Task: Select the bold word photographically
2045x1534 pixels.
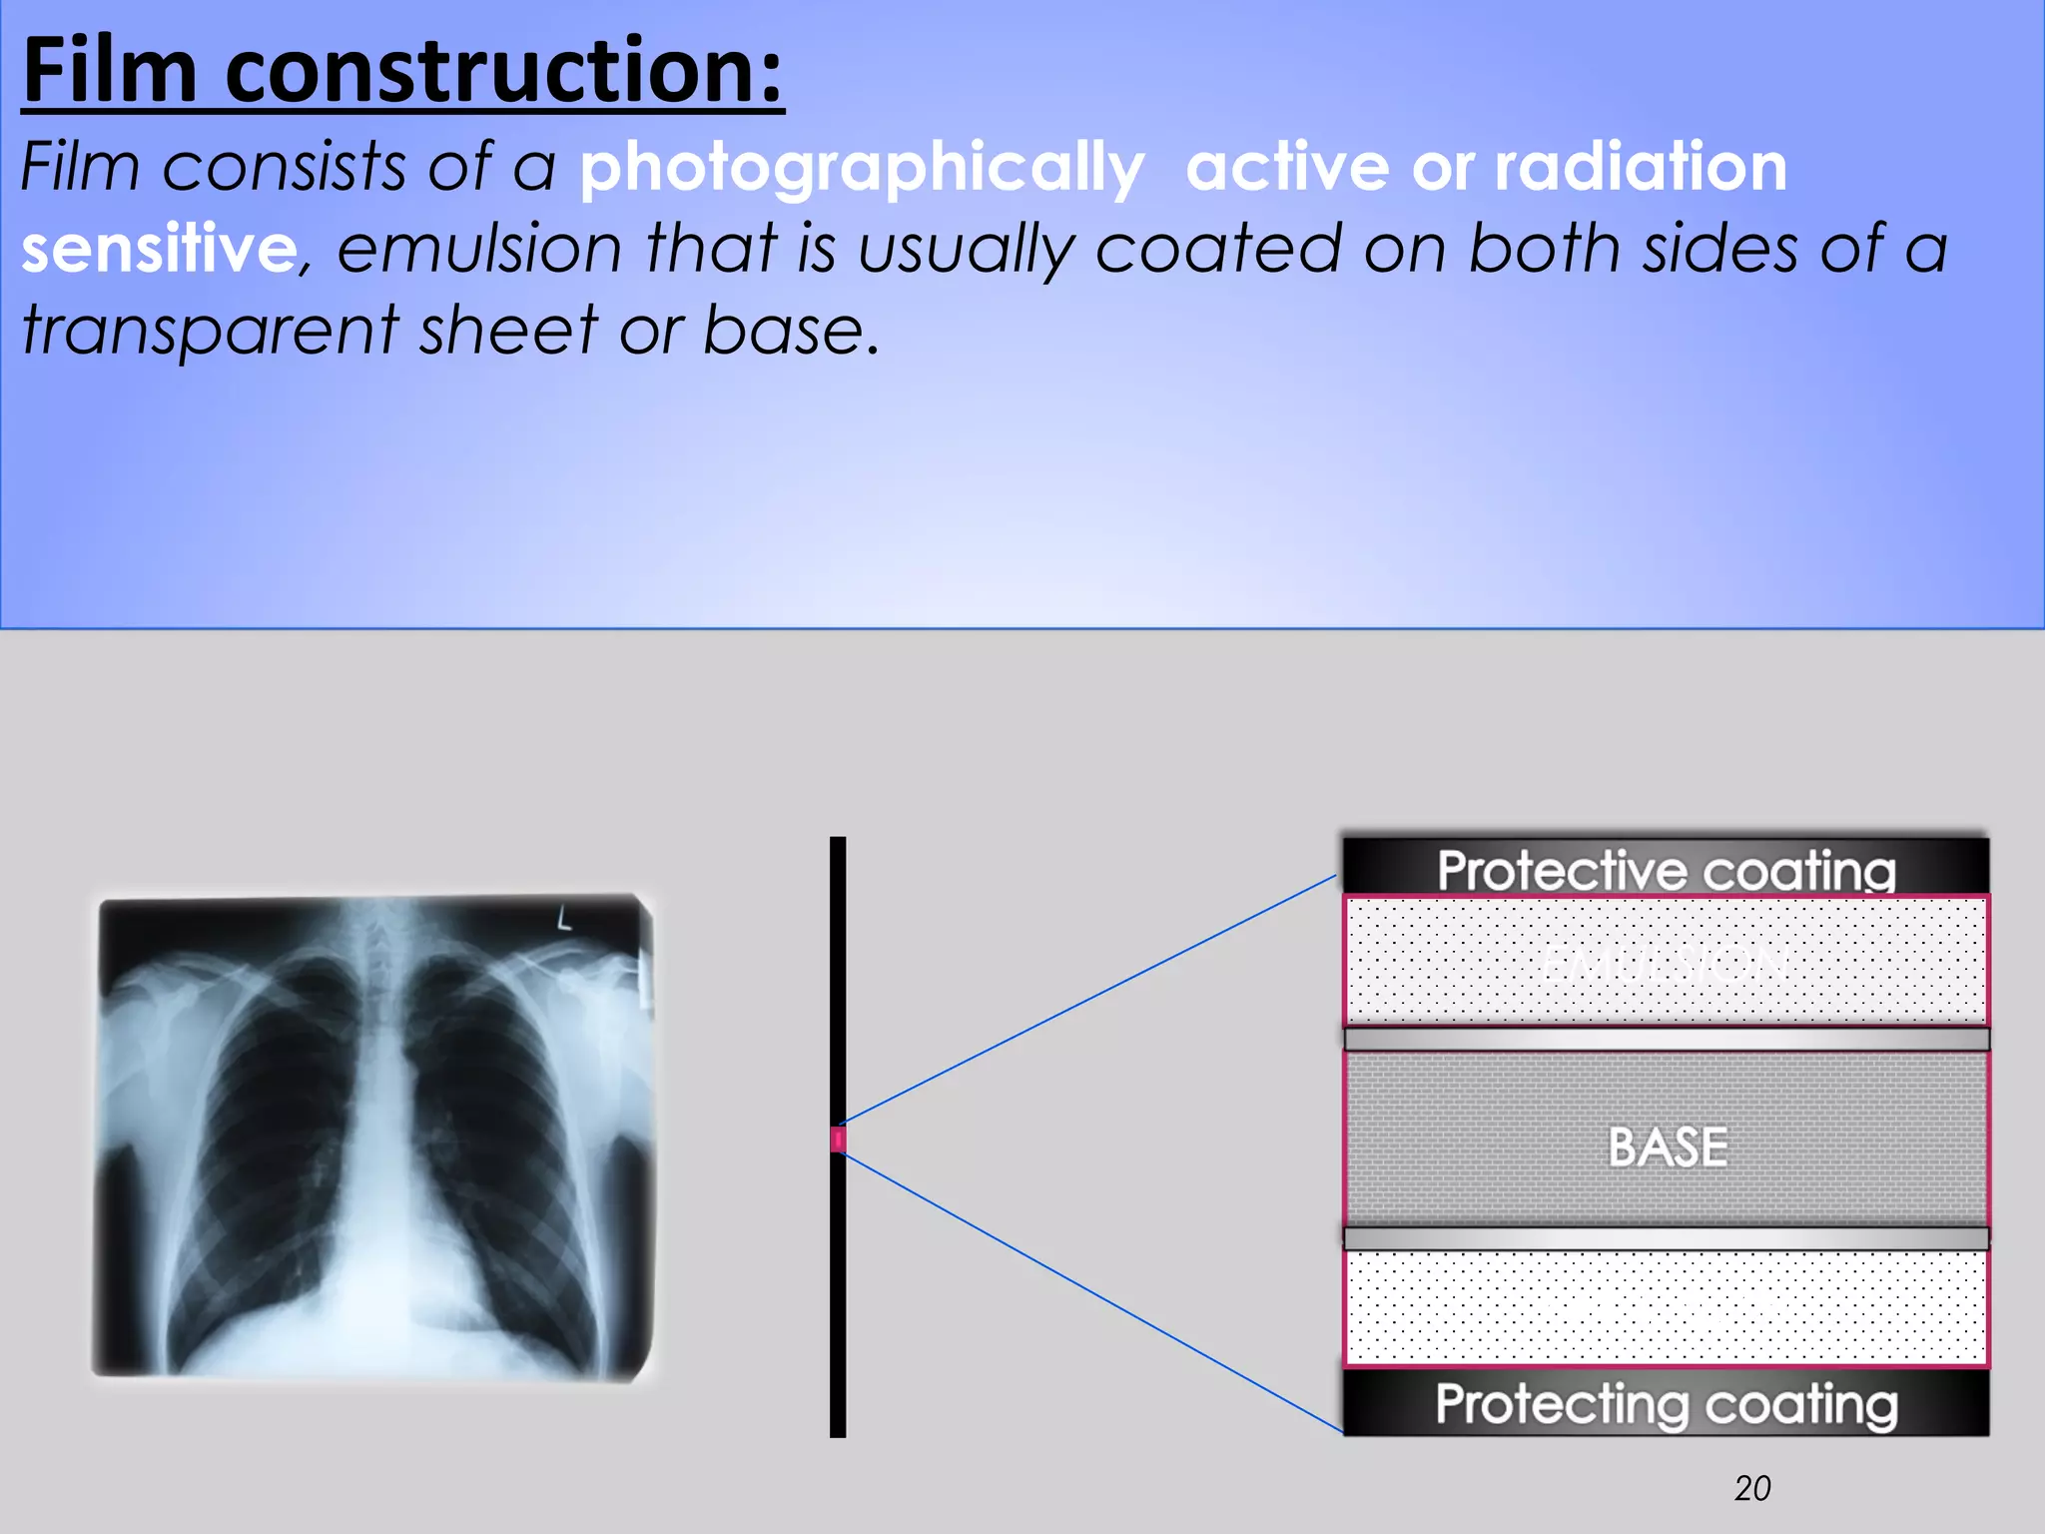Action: click(862, 168)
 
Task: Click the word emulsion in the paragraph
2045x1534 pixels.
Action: click(479, 249)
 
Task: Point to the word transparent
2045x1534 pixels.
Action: click(210, 331)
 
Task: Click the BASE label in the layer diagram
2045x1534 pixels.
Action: click(1668, 1147)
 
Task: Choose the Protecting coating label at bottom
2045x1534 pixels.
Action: click(1666, 1404)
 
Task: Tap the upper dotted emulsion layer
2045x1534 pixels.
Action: click(1666, 961)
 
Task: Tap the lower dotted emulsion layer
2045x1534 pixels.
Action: click(1666, 1308)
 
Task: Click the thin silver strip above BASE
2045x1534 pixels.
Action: click(1666, 1040)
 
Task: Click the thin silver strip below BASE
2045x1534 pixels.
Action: click(1666, 1238)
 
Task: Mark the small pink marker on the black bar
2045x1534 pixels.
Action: click(838, 1140)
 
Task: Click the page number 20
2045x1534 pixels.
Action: click(1752, 1488)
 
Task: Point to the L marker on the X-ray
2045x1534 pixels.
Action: click(564, 918)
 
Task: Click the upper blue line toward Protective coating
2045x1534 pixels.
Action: click(1088, 1000)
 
